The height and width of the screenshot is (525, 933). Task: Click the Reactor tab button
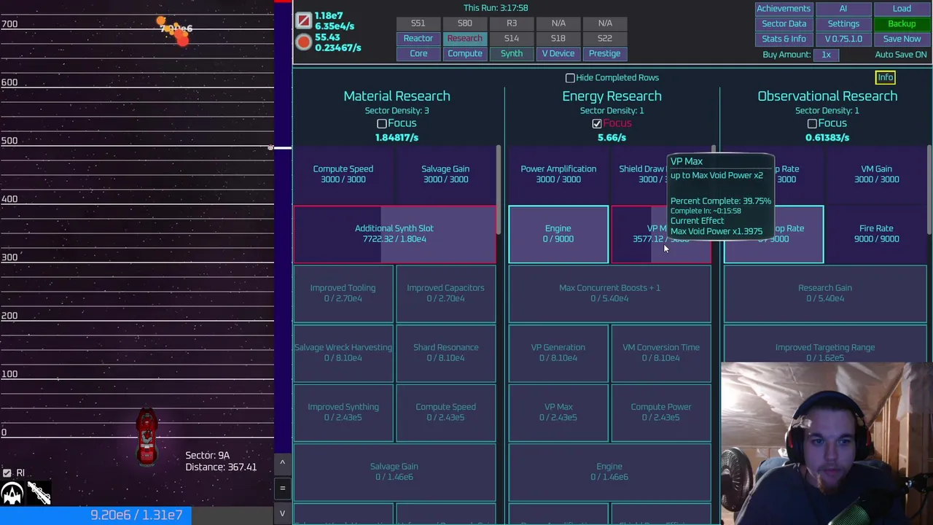[x=418, y=38]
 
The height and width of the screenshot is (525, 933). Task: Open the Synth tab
[x=512, y=53]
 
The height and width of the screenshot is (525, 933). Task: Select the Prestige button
[x=604, y=53]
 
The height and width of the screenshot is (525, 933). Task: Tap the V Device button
[x=558, y=53]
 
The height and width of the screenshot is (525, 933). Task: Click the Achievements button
[x=783, y=8]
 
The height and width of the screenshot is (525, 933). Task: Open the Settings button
[x=843, y=23]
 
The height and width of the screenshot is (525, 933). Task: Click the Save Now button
[x=902, y=39]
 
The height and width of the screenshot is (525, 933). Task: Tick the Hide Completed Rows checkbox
[x=570, y=78]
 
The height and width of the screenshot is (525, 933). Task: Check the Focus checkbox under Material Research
[x=381, y=124]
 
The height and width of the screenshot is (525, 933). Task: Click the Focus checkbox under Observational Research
[x=812, y=124]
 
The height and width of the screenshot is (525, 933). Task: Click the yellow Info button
[x=885, y=77]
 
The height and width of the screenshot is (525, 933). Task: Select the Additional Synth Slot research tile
[x=394, y=233]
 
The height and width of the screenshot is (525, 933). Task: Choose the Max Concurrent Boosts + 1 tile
[x=609, y=293]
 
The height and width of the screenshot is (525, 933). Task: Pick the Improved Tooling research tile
[x=343, y=293]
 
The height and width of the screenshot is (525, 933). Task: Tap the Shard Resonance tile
[x=445, y=352]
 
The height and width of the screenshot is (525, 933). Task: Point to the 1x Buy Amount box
[x=826, y=55]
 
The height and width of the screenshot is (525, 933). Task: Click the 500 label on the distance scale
[x=9, y=141]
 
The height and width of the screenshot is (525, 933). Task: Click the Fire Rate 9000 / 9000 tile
[x=876, y=233]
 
